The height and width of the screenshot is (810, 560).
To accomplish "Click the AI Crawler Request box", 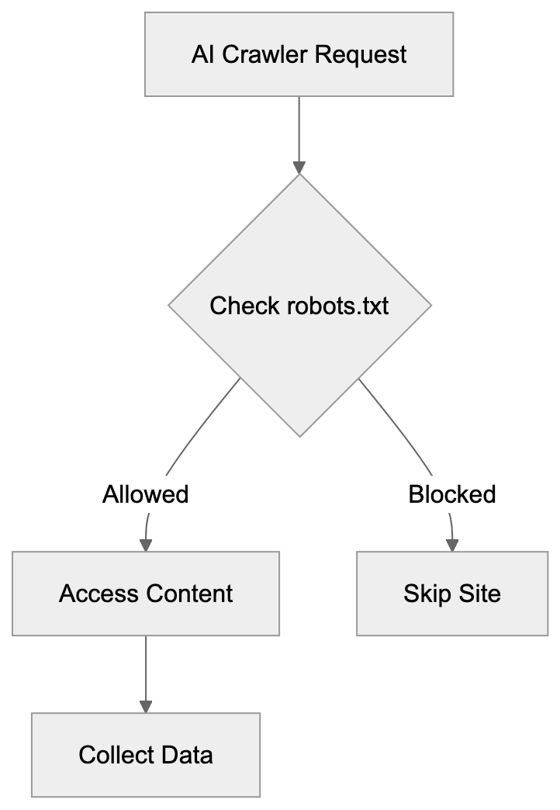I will (x=299, y=55).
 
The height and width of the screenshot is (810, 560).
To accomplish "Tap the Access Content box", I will (x=146, y=594).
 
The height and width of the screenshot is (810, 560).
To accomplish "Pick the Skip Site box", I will (x=452, y=594).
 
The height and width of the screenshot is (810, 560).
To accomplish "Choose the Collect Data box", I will (x=146, y=754).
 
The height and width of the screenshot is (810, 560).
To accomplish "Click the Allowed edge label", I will (x=146, y=494).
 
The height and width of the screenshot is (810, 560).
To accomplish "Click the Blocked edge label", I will (x=452, y=494).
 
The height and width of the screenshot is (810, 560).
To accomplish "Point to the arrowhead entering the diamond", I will (x=299, y=168).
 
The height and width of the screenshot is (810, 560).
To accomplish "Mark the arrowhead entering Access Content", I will (x=146, y=545).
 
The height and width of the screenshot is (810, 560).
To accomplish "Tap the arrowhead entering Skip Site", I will (x=452, y=545).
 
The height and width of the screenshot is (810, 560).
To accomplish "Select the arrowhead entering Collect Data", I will (x=146, y=706).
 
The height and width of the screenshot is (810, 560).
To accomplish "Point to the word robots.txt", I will (x=338, y=306).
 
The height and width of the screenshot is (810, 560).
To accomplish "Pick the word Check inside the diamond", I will (x=244, y=306).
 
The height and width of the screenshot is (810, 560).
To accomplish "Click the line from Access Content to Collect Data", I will (x=146, y=667).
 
